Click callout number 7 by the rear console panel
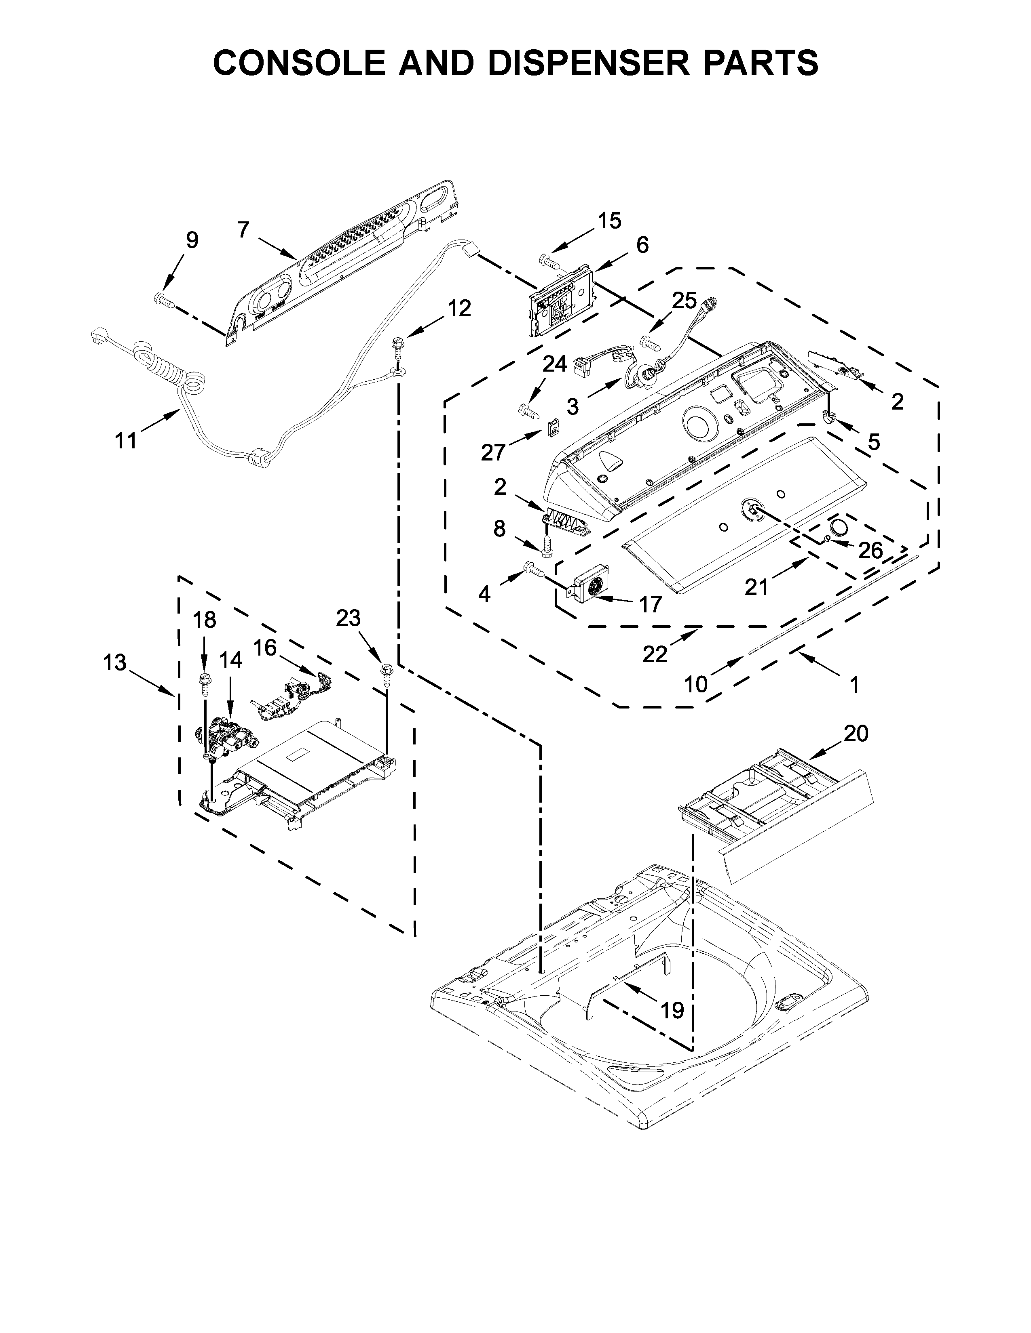click(x=243, y=230)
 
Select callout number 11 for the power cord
click(x=127, y=439)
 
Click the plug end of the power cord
click(x=98, y=336)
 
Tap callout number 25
click(x=684, y=300)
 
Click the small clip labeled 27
click(x=553, y=427)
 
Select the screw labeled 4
click(x=533, y=570)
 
